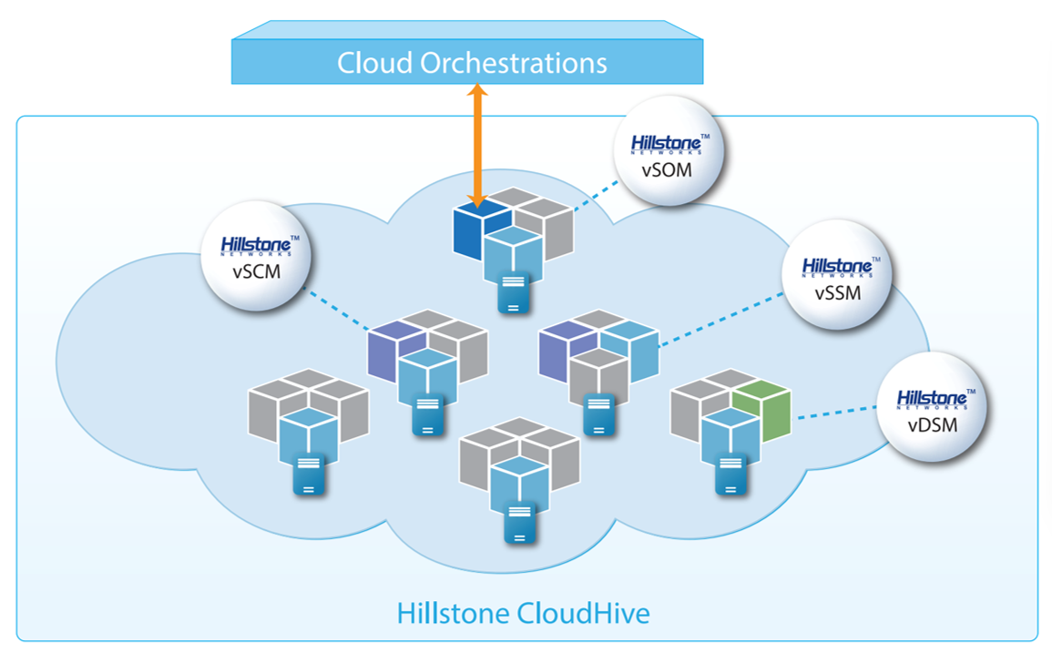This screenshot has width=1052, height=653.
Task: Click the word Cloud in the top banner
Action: (374, 63)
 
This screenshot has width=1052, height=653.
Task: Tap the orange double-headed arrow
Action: (477, 146)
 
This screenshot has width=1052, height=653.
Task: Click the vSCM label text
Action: (256, 270)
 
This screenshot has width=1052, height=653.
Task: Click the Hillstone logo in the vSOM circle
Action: (669, 146)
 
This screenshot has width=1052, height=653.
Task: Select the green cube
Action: (761, 412)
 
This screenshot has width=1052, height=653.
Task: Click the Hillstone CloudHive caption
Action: (524, 613)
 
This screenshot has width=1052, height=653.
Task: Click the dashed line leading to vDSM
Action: (836, 414)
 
